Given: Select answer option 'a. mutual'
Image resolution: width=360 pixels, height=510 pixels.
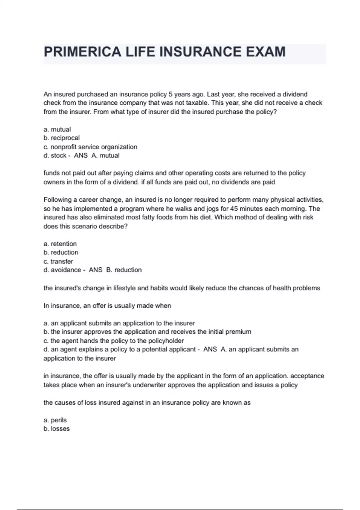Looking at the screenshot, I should click(57, 129).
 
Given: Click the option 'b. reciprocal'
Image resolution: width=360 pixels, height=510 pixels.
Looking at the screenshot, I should click(61, 138).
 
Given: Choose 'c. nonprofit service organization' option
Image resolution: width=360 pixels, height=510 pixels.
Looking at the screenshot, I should click(90, 147).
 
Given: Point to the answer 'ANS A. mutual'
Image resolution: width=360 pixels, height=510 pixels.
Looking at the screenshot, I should click(97, 155).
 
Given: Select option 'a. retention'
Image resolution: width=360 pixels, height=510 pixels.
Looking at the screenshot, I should click(60, 244).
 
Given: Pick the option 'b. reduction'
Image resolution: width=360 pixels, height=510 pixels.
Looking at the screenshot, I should click(61, 252).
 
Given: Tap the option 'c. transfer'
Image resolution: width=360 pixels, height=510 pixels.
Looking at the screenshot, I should click(58, 261).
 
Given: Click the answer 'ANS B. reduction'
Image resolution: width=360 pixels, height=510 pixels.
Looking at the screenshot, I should click(115, 270).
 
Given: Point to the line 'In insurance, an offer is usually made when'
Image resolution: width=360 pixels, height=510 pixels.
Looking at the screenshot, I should click(107, 306).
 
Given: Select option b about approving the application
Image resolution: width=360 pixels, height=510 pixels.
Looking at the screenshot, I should click(147, 332).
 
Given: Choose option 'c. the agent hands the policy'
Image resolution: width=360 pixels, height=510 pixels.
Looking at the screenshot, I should click(114, 341).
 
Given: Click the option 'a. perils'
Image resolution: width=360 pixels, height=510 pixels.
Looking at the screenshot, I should click(55, 420).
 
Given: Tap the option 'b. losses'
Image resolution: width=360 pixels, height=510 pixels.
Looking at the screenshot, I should click(57, 429).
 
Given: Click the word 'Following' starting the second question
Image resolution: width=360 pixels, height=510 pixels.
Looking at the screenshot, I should click(57, 200).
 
